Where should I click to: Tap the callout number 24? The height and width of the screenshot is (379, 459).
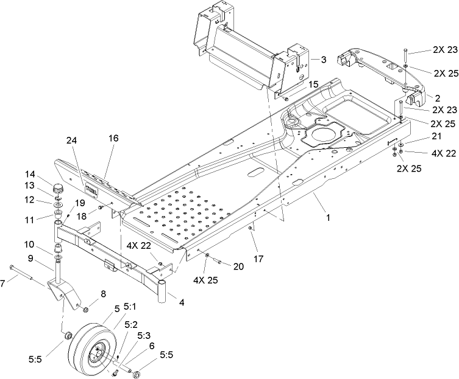tap(73, 157)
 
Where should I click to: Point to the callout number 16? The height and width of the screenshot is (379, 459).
tap(113, 156)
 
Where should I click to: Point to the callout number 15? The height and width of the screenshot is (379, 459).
tap(313, 84)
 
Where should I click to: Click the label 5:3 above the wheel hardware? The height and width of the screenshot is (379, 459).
tap(144, 335)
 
